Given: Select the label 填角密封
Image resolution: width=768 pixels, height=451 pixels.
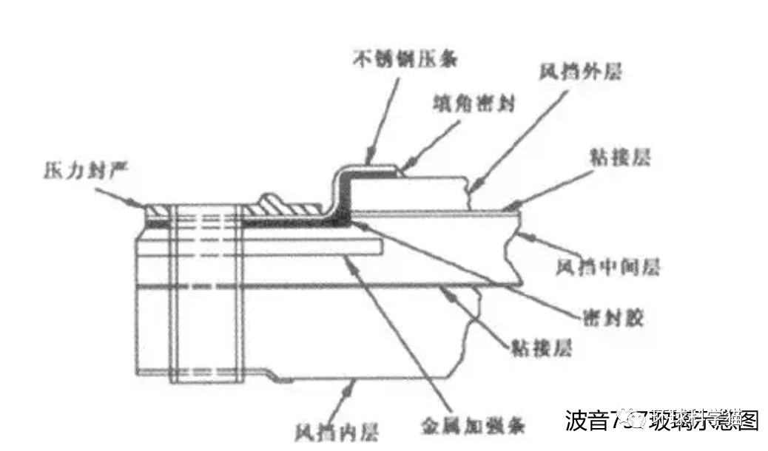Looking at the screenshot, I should click(x=473, y=104).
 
